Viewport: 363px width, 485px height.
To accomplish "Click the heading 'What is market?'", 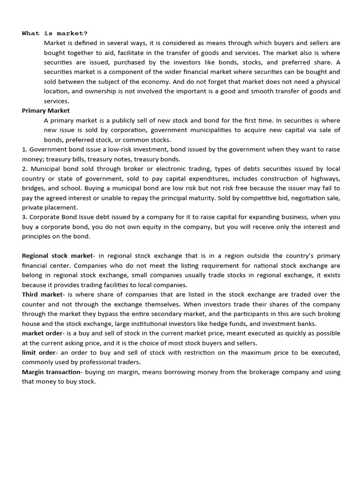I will click(54, 33).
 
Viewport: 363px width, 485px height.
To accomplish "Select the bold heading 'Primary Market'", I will click(45, 111).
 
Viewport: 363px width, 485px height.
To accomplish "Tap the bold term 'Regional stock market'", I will click(57, 256).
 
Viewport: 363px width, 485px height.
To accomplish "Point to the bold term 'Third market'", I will click(42, 295).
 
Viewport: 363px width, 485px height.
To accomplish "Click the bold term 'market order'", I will click(42, 333).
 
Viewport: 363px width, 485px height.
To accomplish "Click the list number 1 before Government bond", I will click(24, 150).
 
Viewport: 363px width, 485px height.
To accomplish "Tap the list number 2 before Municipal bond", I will click(24, 169).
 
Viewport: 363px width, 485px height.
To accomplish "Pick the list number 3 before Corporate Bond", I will click(24, 217).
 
